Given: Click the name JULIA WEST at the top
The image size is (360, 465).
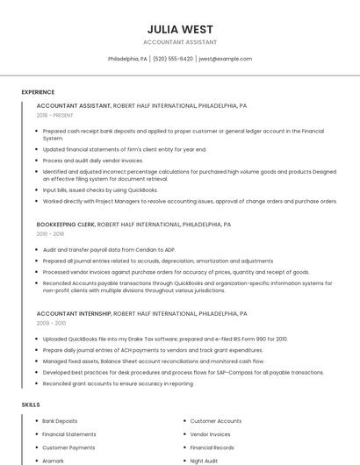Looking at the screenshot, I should click(x=179, y=29).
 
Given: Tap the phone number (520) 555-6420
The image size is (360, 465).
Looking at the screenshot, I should click(x=173, y=59).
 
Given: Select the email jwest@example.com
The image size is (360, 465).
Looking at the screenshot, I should click(x=225, y=59).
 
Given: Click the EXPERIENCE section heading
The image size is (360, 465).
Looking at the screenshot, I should click(x=38, y=92).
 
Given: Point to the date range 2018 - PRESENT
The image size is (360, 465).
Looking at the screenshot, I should click(x=54, y=115).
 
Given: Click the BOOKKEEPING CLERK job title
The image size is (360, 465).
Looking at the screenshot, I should click(x=66, y=225).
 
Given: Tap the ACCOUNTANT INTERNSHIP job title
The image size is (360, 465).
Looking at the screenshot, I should click(x=74, y=313).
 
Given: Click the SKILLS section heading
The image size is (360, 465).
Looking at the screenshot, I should click(x=30, y=404).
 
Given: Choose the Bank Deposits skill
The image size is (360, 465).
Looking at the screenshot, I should click(x=60, y=421).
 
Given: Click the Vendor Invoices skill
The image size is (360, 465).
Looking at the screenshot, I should click(x=210, y=434).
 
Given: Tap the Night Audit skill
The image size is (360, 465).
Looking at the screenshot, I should click(x=204, y=461).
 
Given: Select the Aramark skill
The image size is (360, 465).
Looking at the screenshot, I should click(x=53, y=461).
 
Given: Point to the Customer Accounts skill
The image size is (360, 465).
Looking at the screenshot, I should click(x=215, y=421).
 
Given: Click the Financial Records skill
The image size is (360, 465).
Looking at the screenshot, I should click(x=212, y=447).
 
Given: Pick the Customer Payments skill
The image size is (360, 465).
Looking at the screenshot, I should click(x=68, y=447).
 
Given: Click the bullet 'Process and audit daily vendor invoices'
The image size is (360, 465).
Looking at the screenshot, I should click(x=92, y=161).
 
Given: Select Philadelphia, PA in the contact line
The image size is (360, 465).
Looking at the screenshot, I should click(x=127, y=59).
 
